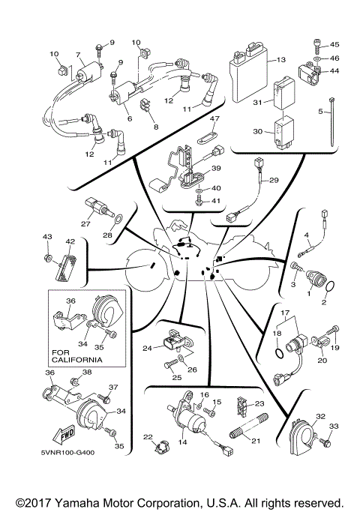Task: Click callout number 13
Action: point(281,59)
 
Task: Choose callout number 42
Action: point(70,242)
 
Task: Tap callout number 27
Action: point(85,223)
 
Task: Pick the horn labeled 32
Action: point(304,436)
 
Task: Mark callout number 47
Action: point(214,119)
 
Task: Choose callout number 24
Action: point(148,347)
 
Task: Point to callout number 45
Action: point(334,44)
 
